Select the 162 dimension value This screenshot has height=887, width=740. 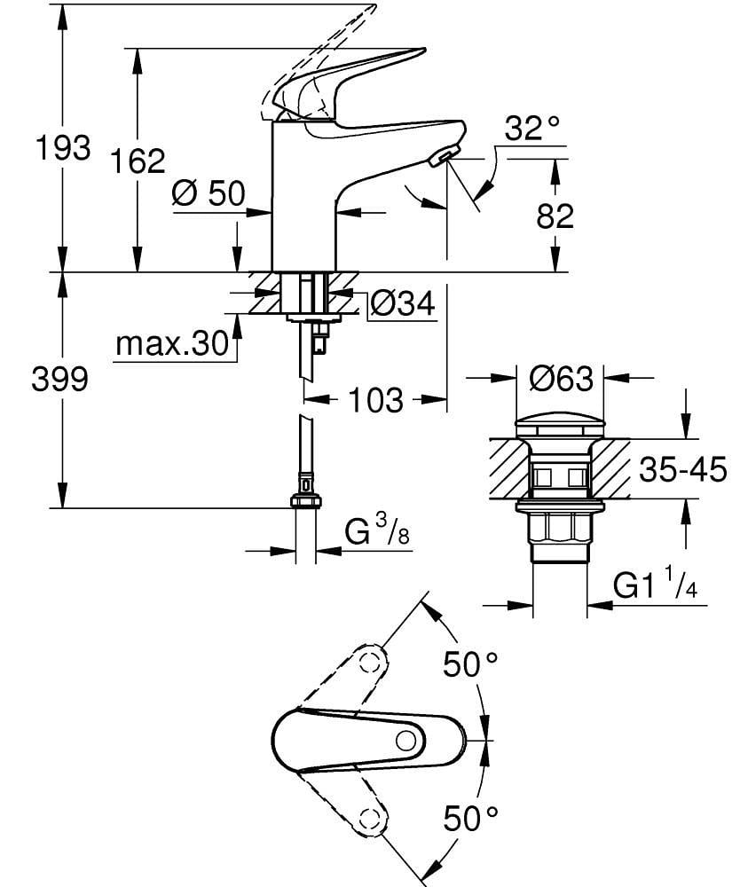138,161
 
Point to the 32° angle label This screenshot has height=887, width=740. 533,130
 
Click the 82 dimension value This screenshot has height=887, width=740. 555,216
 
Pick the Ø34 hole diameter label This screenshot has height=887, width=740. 402,304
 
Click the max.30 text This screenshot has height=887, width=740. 172,344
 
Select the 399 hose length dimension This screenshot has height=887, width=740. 60,381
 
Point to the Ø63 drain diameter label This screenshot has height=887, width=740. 560,380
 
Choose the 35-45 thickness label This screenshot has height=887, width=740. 682,469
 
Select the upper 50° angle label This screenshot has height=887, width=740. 471,663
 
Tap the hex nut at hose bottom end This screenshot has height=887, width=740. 305,501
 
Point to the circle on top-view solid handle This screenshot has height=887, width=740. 409,741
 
